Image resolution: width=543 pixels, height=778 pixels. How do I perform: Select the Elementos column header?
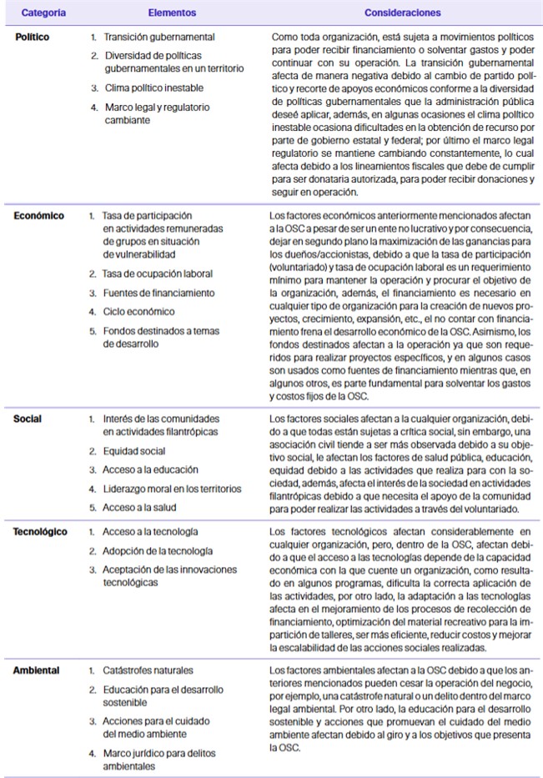[x=172, y=13]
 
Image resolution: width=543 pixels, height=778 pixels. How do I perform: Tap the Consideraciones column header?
[x=402, y=13]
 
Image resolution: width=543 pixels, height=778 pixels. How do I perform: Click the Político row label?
[x=33, y=38]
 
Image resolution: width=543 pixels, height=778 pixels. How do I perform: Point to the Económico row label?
[x=39, y=215]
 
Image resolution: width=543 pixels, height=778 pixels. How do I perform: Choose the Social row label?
[x=28, y=419]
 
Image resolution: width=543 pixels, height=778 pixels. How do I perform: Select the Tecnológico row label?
[x=41, y=531]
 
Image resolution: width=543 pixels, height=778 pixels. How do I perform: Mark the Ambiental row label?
[x=36, y=670]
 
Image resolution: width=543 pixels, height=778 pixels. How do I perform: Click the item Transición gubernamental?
[x=158, y=38]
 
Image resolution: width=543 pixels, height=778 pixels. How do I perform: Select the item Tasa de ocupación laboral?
[x=158, y=274]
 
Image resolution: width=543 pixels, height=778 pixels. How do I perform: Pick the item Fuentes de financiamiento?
[x=158, y=293]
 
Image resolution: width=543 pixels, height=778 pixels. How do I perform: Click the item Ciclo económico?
[x=139, y=312]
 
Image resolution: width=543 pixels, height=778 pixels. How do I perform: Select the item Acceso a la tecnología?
[x=150, y=531]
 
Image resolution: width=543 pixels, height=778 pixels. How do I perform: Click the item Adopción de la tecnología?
[x=157, y=550]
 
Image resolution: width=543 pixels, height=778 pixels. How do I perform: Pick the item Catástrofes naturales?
[x=148, y=670]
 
